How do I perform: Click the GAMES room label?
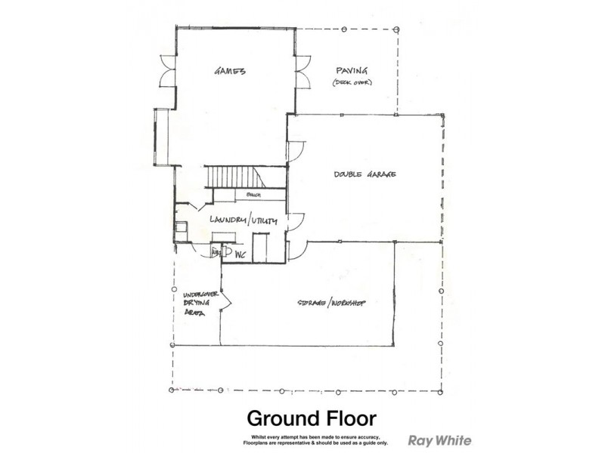[231, 72]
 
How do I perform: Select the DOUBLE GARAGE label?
[366, 174]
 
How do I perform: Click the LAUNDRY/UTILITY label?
[244, 220]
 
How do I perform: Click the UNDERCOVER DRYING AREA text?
[196, 305]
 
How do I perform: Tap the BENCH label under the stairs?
[253, 196]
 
